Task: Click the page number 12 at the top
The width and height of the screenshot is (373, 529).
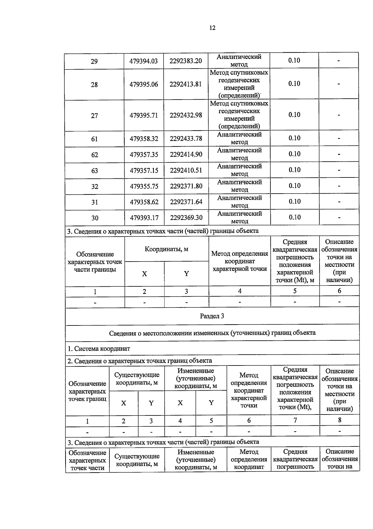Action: pos(212,28)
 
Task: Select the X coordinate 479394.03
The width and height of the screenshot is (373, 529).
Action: pos(144,61)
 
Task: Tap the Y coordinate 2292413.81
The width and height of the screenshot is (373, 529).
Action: pos(186,84)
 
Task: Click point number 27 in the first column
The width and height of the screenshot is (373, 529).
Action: pos(94,116)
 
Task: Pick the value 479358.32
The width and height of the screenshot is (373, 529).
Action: pos(144,139)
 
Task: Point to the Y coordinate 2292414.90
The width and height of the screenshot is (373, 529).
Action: pos(186,154)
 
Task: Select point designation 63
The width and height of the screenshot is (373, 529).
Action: pos(94,171)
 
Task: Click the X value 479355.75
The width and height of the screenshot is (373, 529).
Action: pos(144,186)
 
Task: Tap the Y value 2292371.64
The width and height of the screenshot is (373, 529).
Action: pos(186,202)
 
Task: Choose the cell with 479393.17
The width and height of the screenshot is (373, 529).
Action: pos(144,218)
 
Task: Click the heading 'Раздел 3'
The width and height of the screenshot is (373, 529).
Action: pos(212,316)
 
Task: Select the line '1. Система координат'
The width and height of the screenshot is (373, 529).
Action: pos(99,349)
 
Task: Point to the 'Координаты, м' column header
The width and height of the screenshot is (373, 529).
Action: pos(166,249)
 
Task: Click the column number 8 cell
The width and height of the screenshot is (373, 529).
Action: pos(339,420)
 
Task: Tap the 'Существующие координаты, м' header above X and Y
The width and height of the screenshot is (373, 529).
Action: pos(137,379)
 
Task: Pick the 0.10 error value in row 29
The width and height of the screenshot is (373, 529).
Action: pos(294,61)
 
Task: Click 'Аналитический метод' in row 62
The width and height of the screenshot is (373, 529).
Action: pos(239,154)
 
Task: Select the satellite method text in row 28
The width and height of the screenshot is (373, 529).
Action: pos(239,84)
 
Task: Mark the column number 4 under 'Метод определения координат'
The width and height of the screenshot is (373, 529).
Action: pos(240,291)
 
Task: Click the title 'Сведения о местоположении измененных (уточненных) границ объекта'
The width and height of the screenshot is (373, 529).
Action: pos(212,333)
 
